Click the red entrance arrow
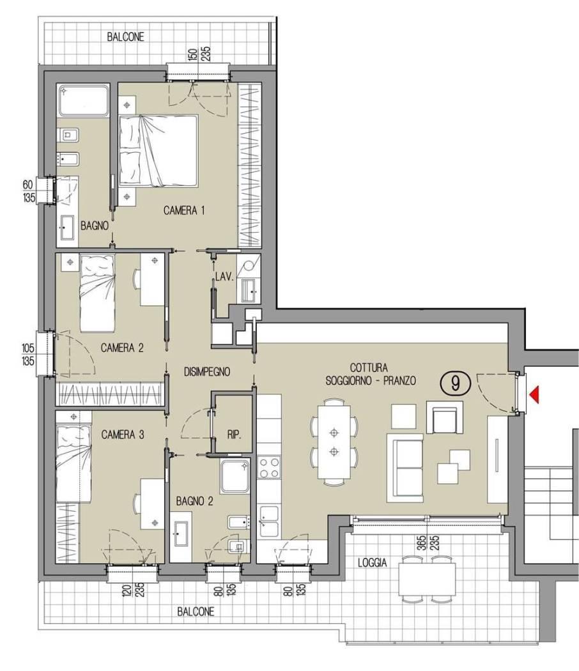(x=534, y=394)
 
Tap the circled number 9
(x=455, y=383)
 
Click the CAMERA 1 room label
(x=184, y=210)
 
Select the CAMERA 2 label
(x=122, y=348)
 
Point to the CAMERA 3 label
(x=123, y=435)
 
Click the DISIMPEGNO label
(x=207, y=372)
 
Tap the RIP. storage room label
(x=234, y=436)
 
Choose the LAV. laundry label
(x=224, y=277)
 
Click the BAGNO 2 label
(x=194, y=501)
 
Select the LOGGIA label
(x=373, y=562)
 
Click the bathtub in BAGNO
(x=84, y=100)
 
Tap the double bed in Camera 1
(x=158, y=151)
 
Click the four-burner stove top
(x=270, y=468)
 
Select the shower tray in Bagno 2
(x=235, y=475)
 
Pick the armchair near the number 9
(x=445, y=417)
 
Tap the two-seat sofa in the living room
(x=405, y=467)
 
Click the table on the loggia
(x=427, y=579)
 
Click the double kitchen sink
(x=270, y=521)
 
